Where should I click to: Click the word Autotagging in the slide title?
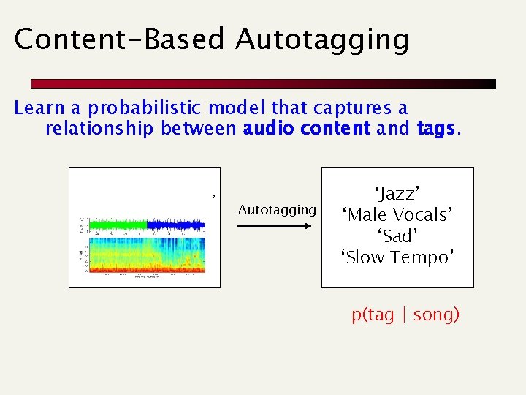(x=322, y=39)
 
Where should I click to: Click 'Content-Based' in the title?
(x=121, y=39)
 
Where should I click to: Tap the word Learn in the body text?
(x=39, y=108)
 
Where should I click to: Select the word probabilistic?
(x=147, y=108)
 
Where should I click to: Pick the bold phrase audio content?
(x=307, y=129)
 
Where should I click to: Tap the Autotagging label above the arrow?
(x=277, y=210)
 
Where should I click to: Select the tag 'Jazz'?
(x=397, y=194)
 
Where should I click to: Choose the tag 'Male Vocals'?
(x=397, y=215)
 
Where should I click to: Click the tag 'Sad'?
(x=397, y=236)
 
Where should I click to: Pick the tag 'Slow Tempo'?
(x=397, y=257)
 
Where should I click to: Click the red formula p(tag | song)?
(x=405, y=315)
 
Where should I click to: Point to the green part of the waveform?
(x=117, y=225)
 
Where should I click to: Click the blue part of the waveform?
(x=175, y=225)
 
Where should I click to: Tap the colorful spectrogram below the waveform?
(x=146, y=256)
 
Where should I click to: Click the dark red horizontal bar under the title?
(x=263, y=84)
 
